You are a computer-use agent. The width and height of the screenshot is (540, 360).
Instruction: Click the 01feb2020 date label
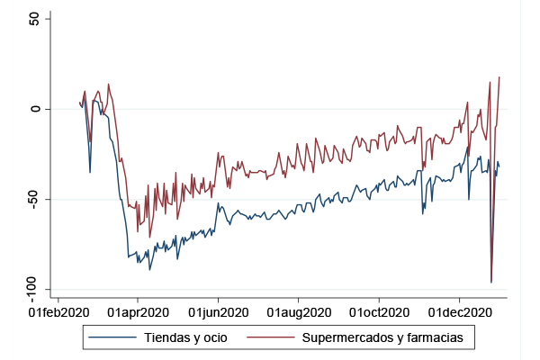pos(58,312)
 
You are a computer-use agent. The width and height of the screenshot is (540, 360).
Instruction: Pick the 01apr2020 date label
pos(138,312)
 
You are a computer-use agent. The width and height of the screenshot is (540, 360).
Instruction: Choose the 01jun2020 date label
pos(218,312)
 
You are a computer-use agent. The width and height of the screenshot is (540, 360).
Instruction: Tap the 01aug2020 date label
pos(299,312)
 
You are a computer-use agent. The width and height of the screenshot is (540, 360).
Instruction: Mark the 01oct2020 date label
pos(379,312)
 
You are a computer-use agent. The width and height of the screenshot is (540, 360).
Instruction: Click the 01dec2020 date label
pos(460,312)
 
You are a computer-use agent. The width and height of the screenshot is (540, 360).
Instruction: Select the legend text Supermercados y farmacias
pos(382,337)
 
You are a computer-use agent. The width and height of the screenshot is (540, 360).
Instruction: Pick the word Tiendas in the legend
pos(167,337)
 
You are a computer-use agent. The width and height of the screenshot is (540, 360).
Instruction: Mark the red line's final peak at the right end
pos(499,77)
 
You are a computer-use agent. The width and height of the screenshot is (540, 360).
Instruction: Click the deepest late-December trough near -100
pos(491,283)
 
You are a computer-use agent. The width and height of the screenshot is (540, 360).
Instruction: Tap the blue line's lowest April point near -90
pos(150,269)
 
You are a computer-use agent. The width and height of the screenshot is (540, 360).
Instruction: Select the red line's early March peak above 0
pos(108,85)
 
